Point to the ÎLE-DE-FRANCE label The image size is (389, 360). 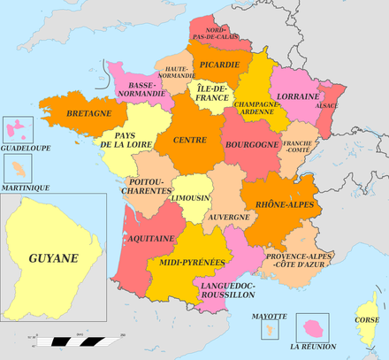coord(212,92)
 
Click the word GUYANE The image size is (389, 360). coord(53,258)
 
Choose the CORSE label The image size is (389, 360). coord(367,320)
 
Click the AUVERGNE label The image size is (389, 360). coord(229,215)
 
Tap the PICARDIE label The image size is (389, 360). coord(218,64)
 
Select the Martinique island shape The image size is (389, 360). coord(19,167)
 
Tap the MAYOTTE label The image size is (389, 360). coord(269,317)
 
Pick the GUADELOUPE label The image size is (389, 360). coord(25,148)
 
